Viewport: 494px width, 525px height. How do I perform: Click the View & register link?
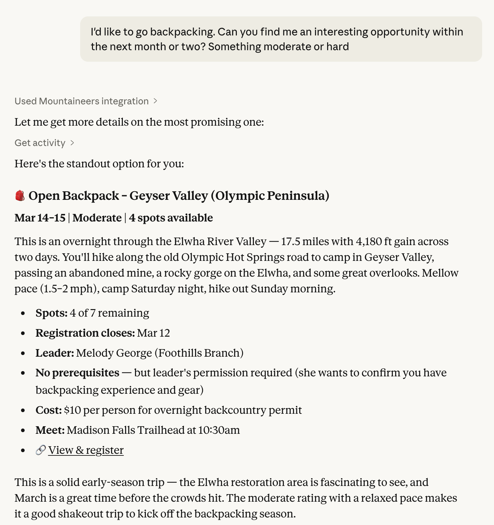click(86, 450)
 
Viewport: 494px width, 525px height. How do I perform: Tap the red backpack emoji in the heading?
click(20, 196)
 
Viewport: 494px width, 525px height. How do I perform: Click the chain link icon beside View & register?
click(40, 450)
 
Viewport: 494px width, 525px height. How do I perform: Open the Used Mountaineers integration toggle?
click(86, 101)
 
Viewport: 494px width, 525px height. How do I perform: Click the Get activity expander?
click(44, 143)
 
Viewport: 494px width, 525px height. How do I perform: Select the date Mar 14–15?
click(40, 218)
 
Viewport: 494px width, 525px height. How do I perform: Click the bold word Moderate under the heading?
click(97, 218)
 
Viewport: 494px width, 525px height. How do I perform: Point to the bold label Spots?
click(51, 313)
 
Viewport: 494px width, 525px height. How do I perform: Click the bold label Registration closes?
click(85, 333)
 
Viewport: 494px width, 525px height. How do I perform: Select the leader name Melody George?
click(114, 353)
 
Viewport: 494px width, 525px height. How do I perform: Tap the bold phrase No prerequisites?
click(78, 373)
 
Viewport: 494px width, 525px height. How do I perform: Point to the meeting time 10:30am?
click(219, 430)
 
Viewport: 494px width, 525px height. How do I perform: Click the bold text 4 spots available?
click(171, 218)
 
